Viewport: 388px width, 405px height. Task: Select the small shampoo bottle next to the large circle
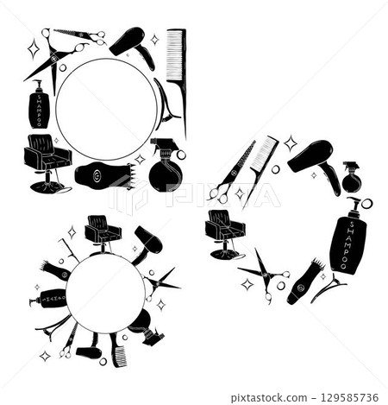coord(39,106)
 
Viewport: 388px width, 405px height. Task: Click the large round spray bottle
coord(165,168)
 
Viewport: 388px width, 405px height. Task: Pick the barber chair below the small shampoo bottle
coord(47,160)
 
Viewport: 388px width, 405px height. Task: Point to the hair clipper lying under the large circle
coord(103,175)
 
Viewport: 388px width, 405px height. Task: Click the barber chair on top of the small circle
coord(103,232)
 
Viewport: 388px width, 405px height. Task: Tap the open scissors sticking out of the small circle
coord(161,281)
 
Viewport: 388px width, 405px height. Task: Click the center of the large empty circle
coord(106,108)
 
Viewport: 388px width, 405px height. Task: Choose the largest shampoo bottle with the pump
coord(347,238)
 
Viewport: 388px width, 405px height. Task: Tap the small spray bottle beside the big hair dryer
coord(351,178)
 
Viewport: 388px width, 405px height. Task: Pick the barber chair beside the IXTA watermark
coord(225,231)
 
